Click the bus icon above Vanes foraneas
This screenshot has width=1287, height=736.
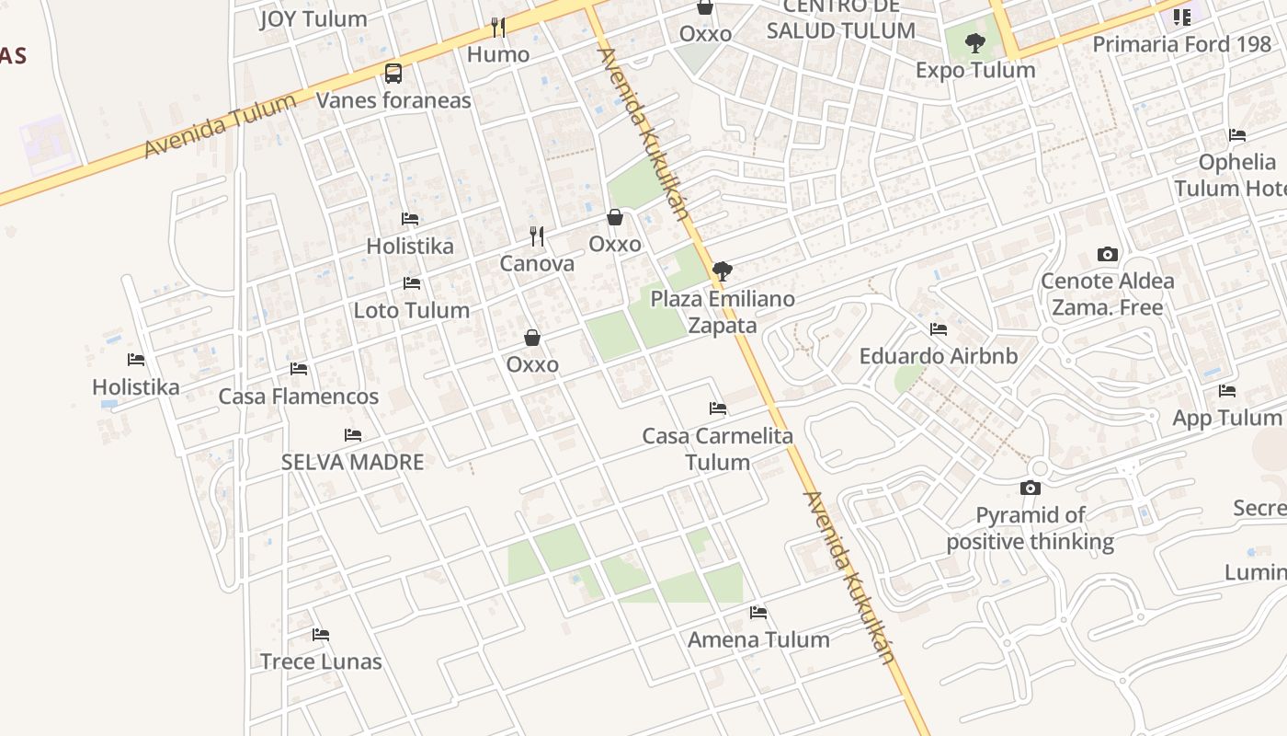click(x=393, y=73)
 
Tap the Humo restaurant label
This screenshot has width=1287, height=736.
click(x=498, y=54)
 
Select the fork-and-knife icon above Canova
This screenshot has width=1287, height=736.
click(x=537, y=236)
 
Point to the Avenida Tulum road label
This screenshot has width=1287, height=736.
click(x=220, y=126)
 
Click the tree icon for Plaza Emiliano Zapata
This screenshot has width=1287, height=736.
click(x=723, y=271)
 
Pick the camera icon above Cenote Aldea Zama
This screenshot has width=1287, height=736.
click(x=1108, y=254)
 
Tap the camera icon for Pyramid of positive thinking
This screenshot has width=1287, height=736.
click(x=1031, y=488)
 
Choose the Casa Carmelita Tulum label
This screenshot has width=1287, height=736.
click(x=717, y=448)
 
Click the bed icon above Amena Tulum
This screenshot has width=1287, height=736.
click(x=758, y=612)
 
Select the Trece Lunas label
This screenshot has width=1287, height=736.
click(x=321, y=661)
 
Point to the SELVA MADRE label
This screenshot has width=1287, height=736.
click(x=353, y=462)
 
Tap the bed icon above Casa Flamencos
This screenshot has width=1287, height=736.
click(x=299, y=369)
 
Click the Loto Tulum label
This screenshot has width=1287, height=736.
click(x=412, y=310)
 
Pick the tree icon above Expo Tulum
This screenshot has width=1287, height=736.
click(x=975, y=42)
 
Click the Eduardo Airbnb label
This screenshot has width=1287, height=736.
click(x=939, y=355)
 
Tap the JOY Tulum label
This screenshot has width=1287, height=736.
click(x=313, y=18)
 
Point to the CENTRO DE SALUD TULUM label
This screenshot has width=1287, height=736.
click(x=841, y=19)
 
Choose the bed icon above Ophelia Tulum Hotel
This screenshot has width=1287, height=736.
click(x=1237, y=135)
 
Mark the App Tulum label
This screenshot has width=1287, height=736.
click(x=1226, y=418)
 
